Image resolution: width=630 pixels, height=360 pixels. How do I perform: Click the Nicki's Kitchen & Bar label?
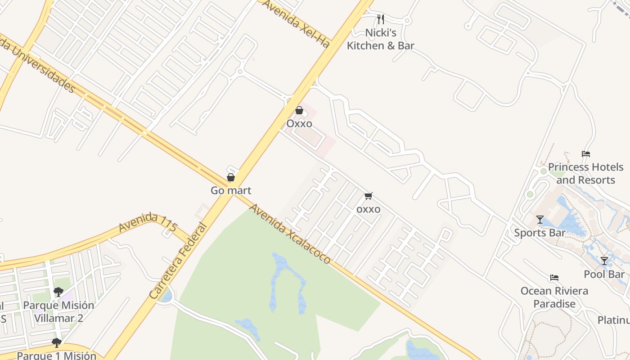pos(380,39)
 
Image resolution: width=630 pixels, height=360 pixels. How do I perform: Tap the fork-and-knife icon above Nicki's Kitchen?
pos(380,19)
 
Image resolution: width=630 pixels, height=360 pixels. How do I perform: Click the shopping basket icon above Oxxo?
pos(299,110)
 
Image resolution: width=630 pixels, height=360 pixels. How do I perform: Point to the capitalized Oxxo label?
pos(299,123)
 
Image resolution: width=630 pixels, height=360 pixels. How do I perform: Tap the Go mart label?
pos(231,190)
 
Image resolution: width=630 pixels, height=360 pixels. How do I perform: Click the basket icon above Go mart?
pos(231,177)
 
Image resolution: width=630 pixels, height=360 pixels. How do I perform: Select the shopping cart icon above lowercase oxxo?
pos(369,196)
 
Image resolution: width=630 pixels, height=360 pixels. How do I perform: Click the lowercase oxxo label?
pos(368,209)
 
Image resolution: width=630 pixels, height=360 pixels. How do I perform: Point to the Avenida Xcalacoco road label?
pos(290,234)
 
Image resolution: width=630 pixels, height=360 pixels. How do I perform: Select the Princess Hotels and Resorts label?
pos(585,173)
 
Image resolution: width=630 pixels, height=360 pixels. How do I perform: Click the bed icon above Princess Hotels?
pos(585,154)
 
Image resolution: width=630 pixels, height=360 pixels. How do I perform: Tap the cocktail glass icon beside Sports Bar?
pos(540,220)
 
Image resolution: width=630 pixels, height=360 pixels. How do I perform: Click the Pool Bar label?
pos(604,274)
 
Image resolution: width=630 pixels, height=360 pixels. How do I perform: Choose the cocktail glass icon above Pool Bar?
pos(604,261)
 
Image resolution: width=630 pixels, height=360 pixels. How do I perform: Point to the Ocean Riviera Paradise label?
pos(554,297)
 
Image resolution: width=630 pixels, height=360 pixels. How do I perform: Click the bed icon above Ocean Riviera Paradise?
pos(554,278)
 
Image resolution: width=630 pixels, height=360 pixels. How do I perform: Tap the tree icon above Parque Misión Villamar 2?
pos(58,292)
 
